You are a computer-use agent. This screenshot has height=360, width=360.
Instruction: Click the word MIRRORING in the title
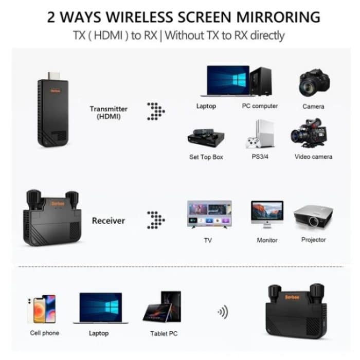point(278,16)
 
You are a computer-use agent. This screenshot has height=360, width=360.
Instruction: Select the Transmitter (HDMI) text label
point(109,113)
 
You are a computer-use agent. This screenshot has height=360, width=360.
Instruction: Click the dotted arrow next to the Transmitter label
point(156,111)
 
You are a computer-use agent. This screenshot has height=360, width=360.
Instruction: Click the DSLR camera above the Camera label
point(314,82)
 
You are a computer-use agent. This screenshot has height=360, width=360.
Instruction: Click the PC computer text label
point(260,106)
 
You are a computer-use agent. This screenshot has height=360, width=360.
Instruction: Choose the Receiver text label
point(108,221)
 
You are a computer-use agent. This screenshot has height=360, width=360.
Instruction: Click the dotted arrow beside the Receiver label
point(156,220)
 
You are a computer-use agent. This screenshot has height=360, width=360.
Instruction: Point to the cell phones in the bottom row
point(42,309)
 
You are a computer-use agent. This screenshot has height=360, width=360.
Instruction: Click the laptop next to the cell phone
point(100,308)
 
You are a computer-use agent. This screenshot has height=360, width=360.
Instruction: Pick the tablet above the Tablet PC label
point(163,308)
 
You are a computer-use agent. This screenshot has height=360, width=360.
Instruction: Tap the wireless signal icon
point(223,312)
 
